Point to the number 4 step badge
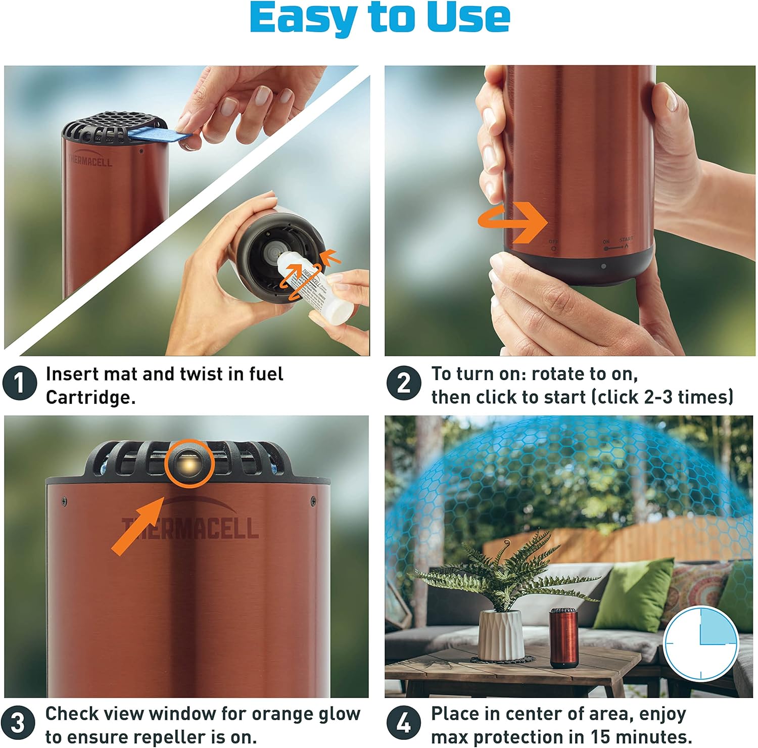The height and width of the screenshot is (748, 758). pos(403,723)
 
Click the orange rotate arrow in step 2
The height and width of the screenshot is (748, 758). pos(515,221)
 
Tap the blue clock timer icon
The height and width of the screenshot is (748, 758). pos(700,643)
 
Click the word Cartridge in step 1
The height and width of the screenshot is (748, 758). pos(90,397)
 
